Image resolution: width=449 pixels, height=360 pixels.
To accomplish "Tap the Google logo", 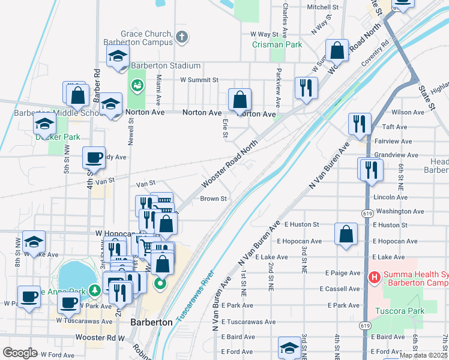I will coord(20,353).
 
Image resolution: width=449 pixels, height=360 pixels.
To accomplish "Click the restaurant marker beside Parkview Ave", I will coord(306,87).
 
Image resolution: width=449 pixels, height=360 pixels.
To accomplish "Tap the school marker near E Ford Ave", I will coord(289,349).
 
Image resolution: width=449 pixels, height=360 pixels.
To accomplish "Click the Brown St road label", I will coord(213,199).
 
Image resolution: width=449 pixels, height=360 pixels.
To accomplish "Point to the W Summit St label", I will coord(199,79).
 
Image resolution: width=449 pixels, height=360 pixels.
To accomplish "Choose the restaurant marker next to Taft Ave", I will coord(360,124).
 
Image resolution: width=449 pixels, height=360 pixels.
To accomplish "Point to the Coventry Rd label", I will coord(375,54).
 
